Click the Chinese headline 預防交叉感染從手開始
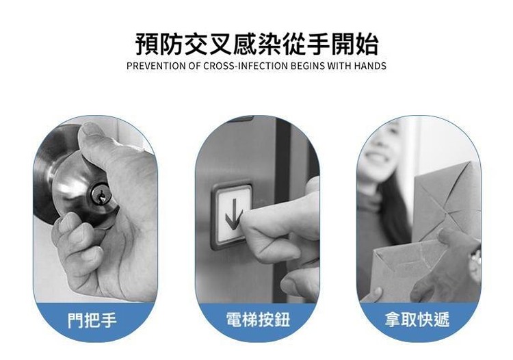pos(256,44)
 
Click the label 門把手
pos(92,320)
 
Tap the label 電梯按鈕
pos(258,320)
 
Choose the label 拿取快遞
pos(417,320)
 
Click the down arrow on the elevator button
pos(233,214)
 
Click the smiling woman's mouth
pos(376,157)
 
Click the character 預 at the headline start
pos(147,44)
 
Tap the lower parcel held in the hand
pos(409,268)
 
